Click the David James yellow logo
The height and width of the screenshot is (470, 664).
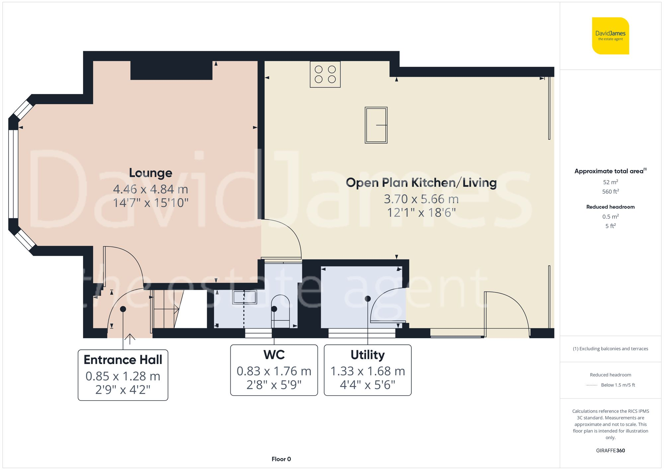point(610,36)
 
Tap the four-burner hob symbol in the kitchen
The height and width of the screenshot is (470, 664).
point(325,74)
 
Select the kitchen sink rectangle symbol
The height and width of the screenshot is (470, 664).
point(376,125)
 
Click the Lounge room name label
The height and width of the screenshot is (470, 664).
point(150,173)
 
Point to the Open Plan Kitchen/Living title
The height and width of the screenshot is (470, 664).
point(421,183)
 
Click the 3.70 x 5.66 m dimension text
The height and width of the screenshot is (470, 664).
point(421,199)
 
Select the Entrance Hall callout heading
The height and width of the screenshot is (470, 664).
point(123,360)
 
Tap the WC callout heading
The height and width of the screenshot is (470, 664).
point(274,355)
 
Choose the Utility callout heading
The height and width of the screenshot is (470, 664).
point(368,355)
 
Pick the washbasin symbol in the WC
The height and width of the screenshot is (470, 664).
point(245,297)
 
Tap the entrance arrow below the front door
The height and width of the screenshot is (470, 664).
point(129,339)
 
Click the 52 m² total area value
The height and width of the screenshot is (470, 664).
point(610,182)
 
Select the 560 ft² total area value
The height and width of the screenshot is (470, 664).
point(610,192)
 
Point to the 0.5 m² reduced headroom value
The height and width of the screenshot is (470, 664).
point(610,217)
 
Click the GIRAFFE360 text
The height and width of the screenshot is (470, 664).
point(610,450)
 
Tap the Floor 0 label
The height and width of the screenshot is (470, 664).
point(281,459)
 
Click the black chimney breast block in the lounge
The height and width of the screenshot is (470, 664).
point(171,70)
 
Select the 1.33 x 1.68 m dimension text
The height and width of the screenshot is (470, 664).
point(368,371)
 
